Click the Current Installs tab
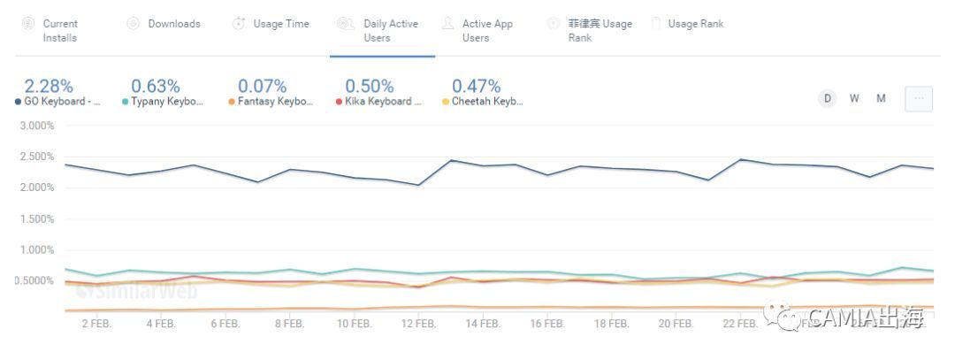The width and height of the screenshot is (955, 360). click(x=59, y=30)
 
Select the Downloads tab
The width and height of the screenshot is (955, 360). click(x=173, y=24)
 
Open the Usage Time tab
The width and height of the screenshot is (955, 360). click(x=280, y=24)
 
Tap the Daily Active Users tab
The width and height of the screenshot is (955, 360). click(x=390, y=30)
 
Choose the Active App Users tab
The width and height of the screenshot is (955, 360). click(x=486, y=30)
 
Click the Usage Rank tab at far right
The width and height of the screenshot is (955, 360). click(x=695, y=24)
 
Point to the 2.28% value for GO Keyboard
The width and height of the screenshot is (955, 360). click(x=49, y=86)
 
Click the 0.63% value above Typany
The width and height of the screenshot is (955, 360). click(x=156, y=86)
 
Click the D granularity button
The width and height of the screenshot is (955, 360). click(x=828, y=98)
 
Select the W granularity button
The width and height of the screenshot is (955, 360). click(x=854, y=98)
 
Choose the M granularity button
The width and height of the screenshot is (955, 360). click(x=881, y=98)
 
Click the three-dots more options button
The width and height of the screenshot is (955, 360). click(x=919, y=99)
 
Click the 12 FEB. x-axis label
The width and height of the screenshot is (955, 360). click(x=418, y=324)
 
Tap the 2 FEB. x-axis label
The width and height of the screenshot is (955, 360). click(x=95, y=324)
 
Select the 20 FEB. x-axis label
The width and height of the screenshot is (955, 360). click(x=676, y=324)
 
